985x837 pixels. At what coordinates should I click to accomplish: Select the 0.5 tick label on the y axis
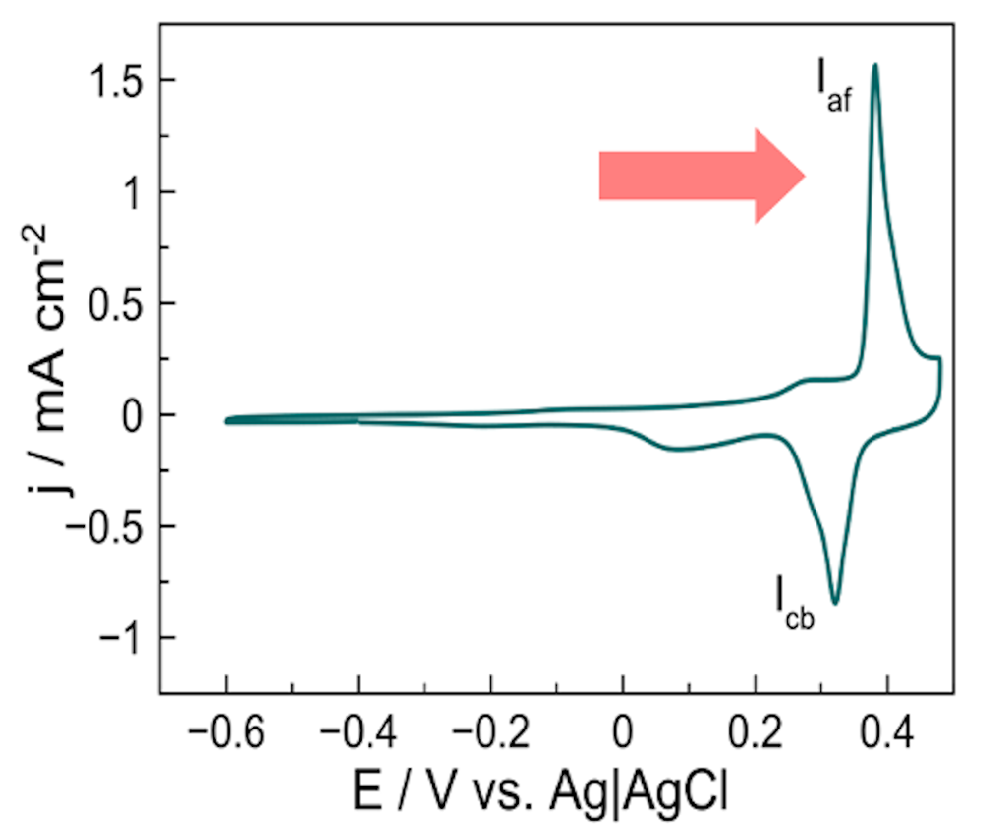pos(119,303)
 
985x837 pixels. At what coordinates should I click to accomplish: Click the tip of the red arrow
pos(804,176)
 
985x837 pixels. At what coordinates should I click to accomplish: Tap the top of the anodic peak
pos(875,65)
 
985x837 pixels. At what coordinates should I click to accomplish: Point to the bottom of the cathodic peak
pos(836,603)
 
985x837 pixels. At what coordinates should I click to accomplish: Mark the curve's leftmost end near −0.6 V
pos(227,421)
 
